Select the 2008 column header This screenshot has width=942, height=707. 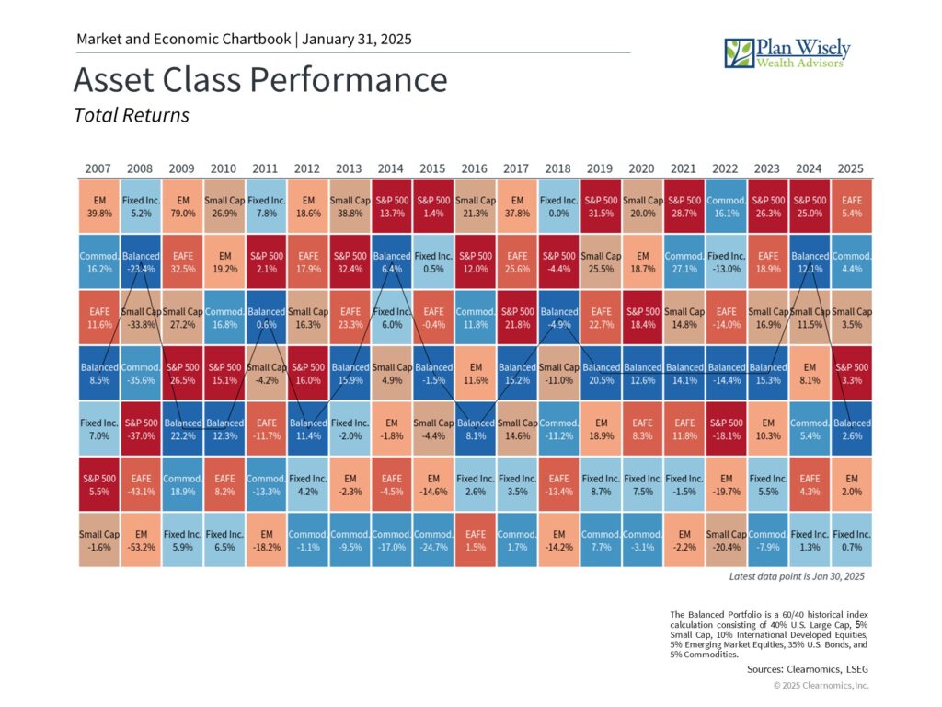(140, 168)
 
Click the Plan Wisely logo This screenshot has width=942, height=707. (787, 52)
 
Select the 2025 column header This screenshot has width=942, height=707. (851, 168)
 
